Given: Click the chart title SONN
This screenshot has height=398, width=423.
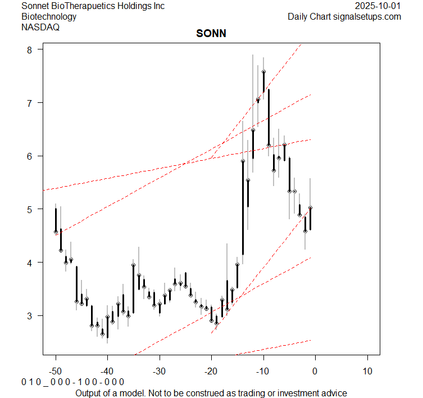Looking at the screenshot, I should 211,34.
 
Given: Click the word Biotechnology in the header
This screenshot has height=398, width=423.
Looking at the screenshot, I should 49,16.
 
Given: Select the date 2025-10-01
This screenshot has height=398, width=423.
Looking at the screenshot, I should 378,6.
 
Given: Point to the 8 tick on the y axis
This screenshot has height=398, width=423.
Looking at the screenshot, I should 31,49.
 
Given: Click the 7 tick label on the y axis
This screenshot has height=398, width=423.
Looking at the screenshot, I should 31,103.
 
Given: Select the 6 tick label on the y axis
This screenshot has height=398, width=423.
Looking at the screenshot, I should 31,156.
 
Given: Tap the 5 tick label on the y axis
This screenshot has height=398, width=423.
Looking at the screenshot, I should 31,209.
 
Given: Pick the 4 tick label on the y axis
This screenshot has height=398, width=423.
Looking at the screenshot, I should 31,263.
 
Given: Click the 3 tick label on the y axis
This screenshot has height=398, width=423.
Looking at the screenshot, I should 31,315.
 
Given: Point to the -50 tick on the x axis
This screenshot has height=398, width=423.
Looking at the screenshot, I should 56,372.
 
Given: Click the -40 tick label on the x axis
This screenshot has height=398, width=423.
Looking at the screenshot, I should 107,372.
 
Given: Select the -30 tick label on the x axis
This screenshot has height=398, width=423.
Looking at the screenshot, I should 160,372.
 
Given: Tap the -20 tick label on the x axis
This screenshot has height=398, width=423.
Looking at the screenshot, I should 211,372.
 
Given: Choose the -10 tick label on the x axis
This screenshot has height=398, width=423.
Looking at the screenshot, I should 263,372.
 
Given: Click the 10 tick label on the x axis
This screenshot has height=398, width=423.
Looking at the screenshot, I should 367,372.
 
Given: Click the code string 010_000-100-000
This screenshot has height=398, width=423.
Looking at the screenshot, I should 72,382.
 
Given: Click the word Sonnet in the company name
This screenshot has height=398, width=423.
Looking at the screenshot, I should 35,6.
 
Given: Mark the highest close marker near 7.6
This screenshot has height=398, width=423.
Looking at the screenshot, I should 263,72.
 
